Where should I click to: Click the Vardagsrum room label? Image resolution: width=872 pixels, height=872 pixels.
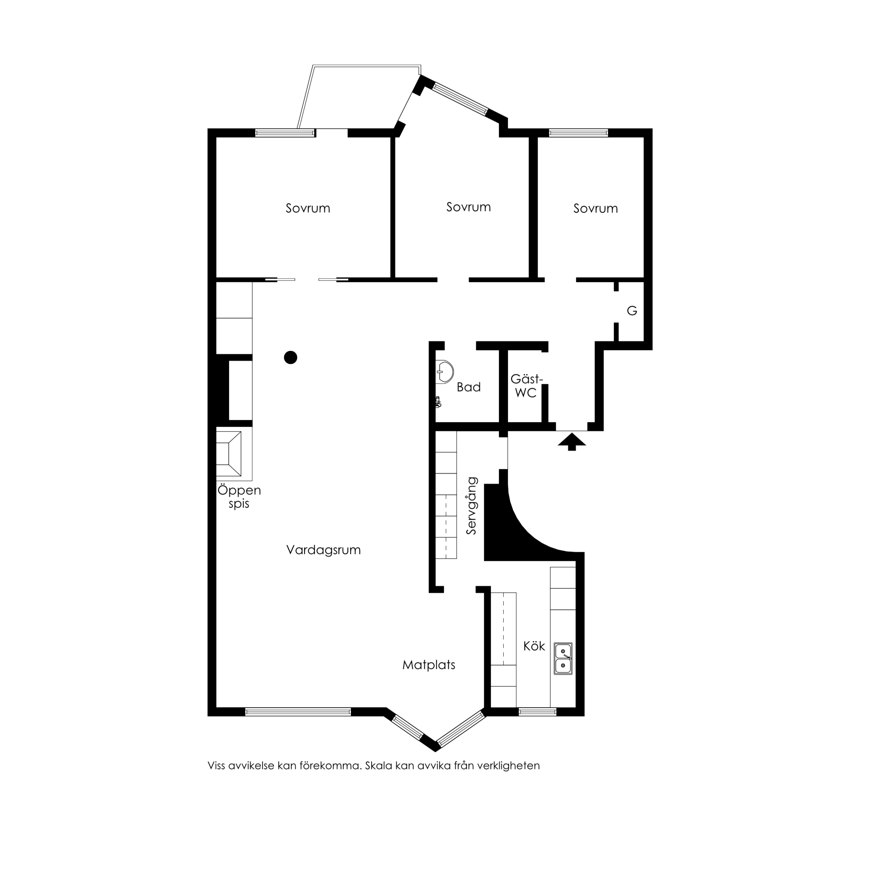(x=323, y=550)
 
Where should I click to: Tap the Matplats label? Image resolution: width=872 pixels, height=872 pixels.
(x=429, y=665)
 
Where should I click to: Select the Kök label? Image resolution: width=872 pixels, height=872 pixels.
(x=534, y=646)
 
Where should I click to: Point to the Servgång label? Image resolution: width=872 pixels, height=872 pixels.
(x=472, y=506)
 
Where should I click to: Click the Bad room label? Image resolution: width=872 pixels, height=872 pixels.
(x=469, y=387)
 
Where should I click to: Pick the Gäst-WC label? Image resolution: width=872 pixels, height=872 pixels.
(x=526, y=386)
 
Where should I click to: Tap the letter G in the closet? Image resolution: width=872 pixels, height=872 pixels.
(x=632, y=311)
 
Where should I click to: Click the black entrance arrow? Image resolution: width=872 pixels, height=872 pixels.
(x=572, y=441)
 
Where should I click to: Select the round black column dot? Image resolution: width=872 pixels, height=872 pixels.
(x=291, y=357)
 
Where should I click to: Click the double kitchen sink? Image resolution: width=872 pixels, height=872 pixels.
(x=563, y=659)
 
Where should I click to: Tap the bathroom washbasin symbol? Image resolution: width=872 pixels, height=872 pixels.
(x=444, y=372)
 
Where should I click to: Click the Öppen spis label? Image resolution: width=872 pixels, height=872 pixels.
(x=239, y=496)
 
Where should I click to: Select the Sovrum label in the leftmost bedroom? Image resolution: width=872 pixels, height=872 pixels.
(x=308, y=208)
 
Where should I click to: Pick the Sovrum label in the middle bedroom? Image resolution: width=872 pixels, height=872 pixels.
(x=469, y=207)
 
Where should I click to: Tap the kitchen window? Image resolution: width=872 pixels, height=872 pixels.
(x=537, y=712)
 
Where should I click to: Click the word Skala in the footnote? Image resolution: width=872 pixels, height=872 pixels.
(x=379, y=766)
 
